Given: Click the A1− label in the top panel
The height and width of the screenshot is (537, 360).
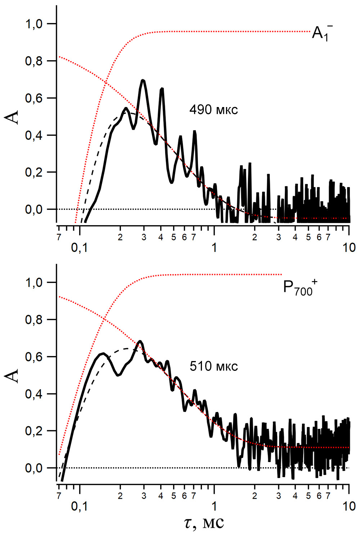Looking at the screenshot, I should click(321, 33).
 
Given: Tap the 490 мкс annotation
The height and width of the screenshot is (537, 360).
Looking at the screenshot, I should click(213, 110).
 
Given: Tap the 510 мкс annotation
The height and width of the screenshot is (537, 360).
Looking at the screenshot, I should click(213, 366).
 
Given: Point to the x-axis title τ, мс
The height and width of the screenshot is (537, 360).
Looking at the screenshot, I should click(204, 523).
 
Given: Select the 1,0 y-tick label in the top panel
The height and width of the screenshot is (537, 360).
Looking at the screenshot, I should click(34, 24).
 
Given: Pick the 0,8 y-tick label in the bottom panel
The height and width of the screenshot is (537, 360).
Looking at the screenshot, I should click(34, 320).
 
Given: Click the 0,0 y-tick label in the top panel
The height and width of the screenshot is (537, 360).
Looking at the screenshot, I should click(34, 209).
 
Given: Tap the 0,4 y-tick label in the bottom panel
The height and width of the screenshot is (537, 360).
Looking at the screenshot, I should click(34, 394).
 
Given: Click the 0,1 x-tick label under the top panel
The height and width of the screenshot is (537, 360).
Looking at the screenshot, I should click(79, 248).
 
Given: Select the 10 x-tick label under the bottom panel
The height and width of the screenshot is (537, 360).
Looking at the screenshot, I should click(348, 506).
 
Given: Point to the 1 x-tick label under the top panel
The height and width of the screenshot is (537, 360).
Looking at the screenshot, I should click(214, 248).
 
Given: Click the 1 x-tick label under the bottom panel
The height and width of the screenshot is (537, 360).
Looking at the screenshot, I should click(214, 506).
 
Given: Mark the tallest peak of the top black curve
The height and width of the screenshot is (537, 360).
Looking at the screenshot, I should click(143, 80).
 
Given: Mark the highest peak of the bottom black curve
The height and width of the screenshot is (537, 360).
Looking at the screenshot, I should click(140, 341).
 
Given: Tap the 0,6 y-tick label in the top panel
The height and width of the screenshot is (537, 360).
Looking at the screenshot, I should click(34, 98).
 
